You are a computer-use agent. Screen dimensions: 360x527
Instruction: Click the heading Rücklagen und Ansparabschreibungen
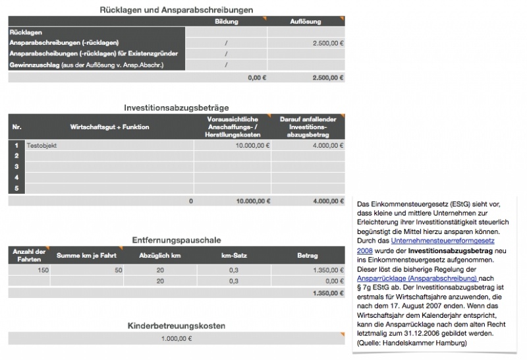[x=176, y=9]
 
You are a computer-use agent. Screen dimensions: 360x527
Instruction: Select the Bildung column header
[x=226, y=22]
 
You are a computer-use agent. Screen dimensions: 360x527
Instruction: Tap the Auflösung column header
[x=306, y=22]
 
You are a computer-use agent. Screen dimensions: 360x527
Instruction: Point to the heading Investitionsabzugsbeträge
[x=176, y=107]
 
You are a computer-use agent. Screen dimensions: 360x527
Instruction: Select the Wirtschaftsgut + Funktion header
[x=109, y=126]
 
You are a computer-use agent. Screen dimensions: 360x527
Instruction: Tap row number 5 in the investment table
[x=16, y=189]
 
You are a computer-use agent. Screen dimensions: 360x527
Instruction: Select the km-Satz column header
[x=233, y=255]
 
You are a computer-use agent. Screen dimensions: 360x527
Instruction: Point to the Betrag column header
[x=307, y=255]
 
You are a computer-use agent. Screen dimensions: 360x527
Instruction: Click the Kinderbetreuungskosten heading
[x=176, y=325]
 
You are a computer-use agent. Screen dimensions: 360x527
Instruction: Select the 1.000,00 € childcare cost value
[x=176, y=339]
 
